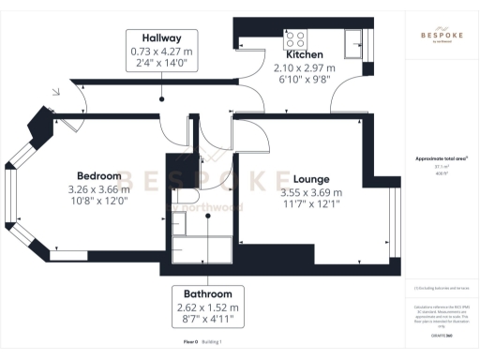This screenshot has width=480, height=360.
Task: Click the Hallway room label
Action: [x=161, y=37]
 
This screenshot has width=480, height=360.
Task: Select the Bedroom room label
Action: [x=98, y=176]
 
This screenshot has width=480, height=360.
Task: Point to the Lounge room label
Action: [x=310, y=179]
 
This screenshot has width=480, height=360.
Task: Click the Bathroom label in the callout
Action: [x=208, y=292]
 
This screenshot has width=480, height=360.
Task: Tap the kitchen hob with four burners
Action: [x=296, y=39]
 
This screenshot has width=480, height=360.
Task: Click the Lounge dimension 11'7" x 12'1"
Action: [x=310, y=205]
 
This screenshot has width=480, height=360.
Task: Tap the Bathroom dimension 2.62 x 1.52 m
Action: [x=208, y=307]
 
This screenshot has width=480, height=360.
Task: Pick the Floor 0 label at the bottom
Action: [x=191, y=342]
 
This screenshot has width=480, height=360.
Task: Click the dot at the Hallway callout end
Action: [x=161, y=97]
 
